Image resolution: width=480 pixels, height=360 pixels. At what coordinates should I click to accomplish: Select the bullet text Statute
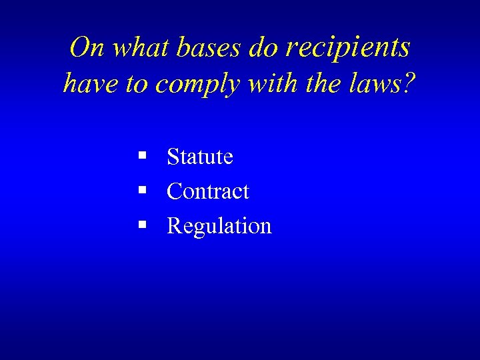pos(200,157)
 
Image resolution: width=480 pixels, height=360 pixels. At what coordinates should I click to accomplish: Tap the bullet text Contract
pos(208,192)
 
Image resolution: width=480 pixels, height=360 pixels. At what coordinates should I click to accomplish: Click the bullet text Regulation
pos(219,227)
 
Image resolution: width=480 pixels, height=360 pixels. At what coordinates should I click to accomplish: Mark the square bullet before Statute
pos(142,157)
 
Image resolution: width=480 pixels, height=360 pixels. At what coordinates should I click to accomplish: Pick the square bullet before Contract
pos(142,191)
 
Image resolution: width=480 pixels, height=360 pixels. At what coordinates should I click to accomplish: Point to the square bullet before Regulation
pos(142,225)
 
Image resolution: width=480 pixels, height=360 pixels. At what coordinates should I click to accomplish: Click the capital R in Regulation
pos(174,225)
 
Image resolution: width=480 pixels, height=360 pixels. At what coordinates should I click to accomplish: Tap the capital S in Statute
pos(173,157)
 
